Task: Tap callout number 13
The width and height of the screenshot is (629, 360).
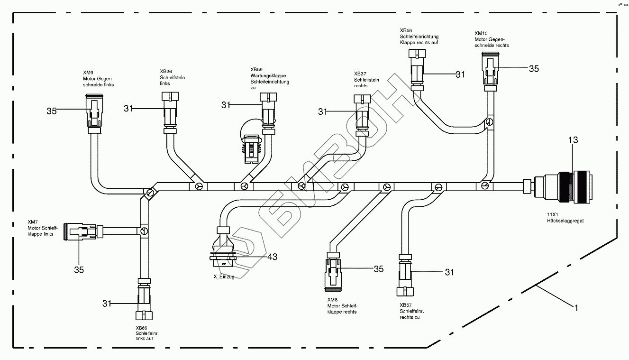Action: click(573, 140)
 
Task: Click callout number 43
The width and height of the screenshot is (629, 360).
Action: click(272, 257)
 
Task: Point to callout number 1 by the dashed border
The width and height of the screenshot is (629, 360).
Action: click(576, 308)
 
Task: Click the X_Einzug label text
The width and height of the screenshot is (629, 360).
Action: click(224, 277)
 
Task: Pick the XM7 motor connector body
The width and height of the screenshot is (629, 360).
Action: click(82, 232)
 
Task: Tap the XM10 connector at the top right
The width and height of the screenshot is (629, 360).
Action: click(490, 70)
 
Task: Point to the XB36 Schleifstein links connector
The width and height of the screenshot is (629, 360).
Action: click(170, 111)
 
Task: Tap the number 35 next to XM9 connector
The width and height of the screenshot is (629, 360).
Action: click(52, 111)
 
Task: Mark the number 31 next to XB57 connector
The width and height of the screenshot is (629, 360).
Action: click(449, 272)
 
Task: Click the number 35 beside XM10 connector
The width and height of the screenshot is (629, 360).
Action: click(534, 69)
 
